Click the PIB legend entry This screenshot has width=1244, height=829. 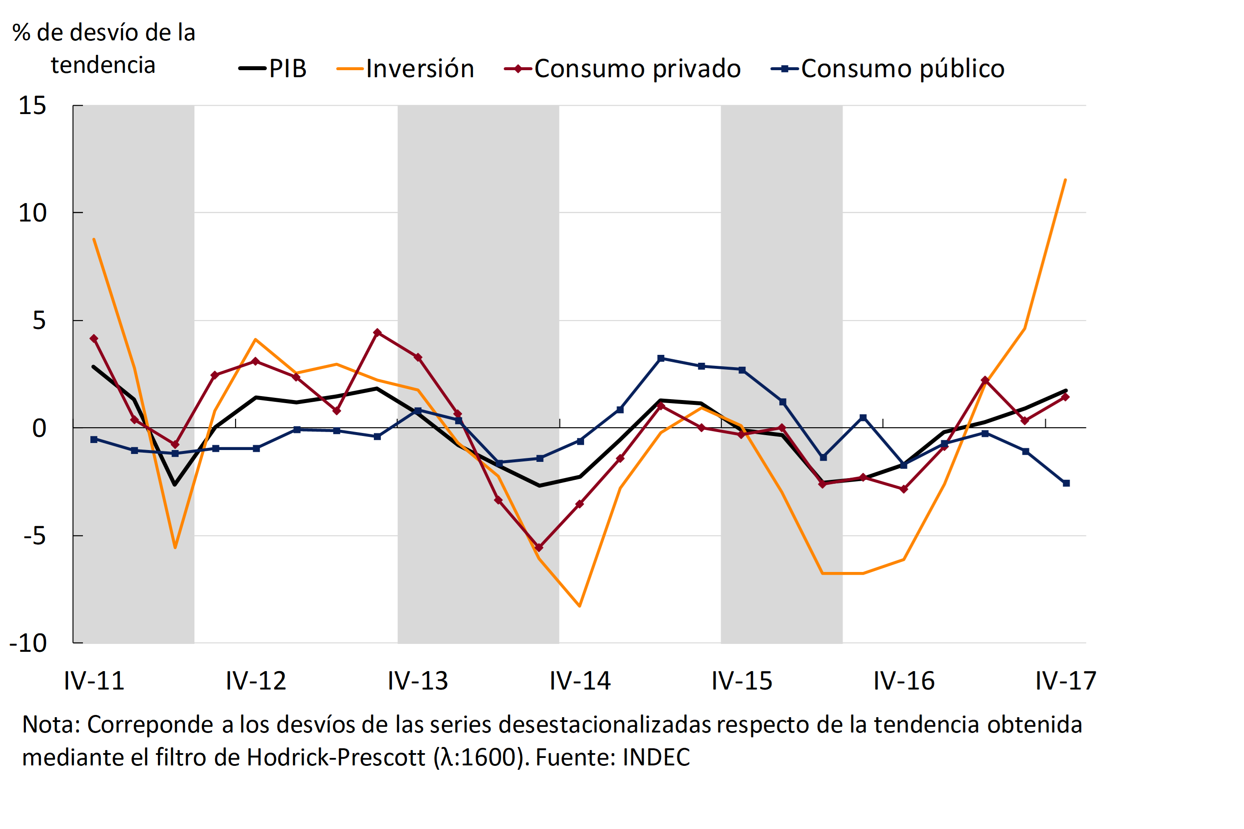(273, 69)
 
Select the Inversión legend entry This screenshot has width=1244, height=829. (406, 69)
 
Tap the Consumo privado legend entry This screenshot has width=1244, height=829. (623, 69)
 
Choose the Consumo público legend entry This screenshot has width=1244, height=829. (888, 69)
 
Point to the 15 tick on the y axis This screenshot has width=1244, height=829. (32, 106)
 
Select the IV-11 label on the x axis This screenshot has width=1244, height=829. (94, 681)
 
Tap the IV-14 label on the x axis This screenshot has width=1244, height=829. (580, 681)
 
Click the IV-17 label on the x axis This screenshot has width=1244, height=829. (1066, 681)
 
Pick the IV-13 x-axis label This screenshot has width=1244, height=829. (418, 681)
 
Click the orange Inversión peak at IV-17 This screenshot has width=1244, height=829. (1065, 180)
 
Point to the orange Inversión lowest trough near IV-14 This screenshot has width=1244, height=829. (580, 606)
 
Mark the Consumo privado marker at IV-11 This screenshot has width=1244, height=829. (94, 338)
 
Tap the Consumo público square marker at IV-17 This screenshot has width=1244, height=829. (1066, 483)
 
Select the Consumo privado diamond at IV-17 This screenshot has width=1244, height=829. (1065, 397)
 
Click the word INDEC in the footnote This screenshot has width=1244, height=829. (656, 758)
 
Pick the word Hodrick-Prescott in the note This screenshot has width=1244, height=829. (336, 758)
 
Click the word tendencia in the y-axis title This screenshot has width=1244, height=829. (103, 65)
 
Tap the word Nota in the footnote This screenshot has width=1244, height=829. (49, 725)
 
